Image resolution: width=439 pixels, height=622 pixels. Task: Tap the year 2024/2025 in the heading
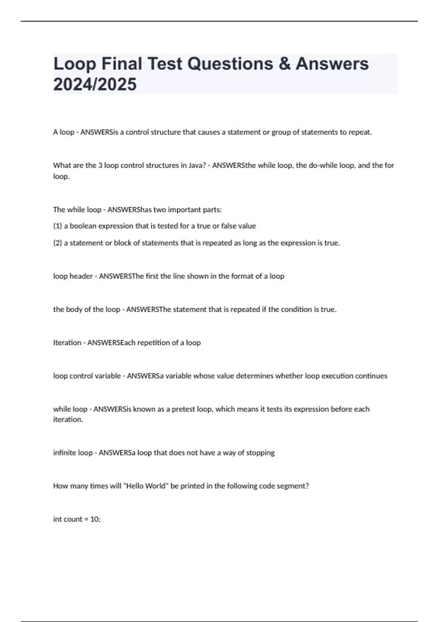95,84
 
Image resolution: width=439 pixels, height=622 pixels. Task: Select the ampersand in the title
284,64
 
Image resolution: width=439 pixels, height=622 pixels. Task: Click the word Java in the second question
192,165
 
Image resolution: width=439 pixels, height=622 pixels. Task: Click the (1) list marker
57,226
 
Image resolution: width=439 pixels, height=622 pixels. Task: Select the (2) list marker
57,243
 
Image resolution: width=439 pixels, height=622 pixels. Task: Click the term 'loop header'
73,276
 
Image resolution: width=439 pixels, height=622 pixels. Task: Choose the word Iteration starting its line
67,343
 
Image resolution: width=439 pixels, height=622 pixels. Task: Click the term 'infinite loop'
73,453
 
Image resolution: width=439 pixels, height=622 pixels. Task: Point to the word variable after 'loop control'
107,376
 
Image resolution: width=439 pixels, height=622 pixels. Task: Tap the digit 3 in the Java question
100,165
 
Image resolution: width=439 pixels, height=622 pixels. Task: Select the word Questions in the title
230,64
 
